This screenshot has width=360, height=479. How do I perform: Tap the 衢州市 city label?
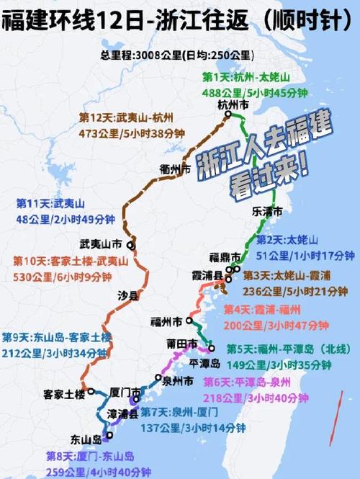(x=176, y=170)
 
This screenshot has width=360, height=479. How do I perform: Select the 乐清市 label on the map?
(x=268, y=212)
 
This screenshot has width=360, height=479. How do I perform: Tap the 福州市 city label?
(x=167, y=321)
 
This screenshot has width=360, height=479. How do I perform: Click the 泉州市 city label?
(x=177, y=380)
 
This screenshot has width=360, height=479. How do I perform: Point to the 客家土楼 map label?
(x=64, y=395)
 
